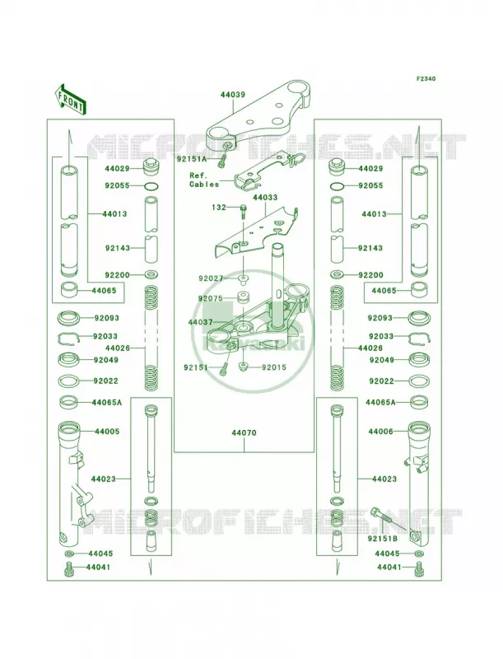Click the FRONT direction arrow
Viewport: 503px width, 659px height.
tap(71, 99)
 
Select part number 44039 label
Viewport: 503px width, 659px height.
tap(233, 95)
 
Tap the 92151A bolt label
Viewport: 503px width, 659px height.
tap(192, 159)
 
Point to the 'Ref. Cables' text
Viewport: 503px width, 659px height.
tap(204, 180)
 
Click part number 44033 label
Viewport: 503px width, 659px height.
tap(265, 198)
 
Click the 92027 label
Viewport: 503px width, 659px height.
tap(212, 278)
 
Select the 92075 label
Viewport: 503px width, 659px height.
tap(211, 298)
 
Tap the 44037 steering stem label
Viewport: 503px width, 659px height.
tap(200, 322)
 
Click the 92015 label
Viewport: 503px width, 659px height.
tap(274, 367)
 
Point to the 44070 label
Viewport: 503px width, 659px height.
tap(244, 433)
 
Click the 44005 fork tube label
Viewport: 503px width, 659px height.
tap(107, 431)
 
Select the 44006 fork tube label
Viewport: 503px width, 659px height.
tap(381, 431)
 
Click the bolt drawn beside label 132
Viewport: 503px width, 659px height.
tap(244, 212)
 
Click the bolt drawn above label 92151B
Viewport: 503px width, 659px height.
tap(387, 519)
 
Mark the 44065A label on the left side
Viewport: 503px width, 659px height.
tap(107, 403)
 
